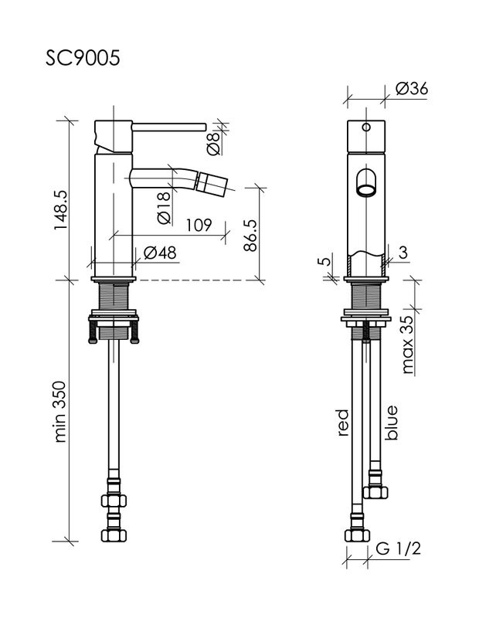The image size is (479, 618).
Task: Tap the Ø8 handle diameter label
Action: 212,143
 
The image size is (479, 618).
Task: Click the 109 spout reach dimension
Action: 199,225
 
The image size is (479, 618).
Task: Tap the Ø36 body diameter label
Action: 411,89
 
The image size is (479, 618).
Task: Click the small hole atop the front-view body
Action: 366,125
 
